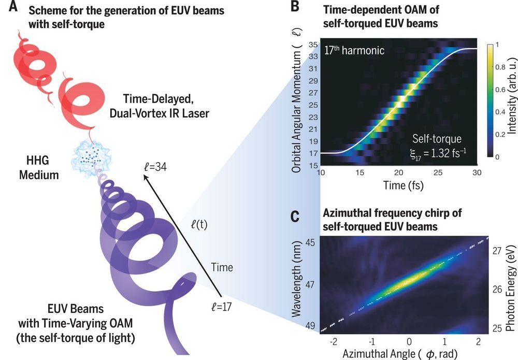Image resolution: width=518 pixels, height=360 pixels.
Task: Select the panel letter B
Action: pyautogui.click(x=294, y=7)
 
